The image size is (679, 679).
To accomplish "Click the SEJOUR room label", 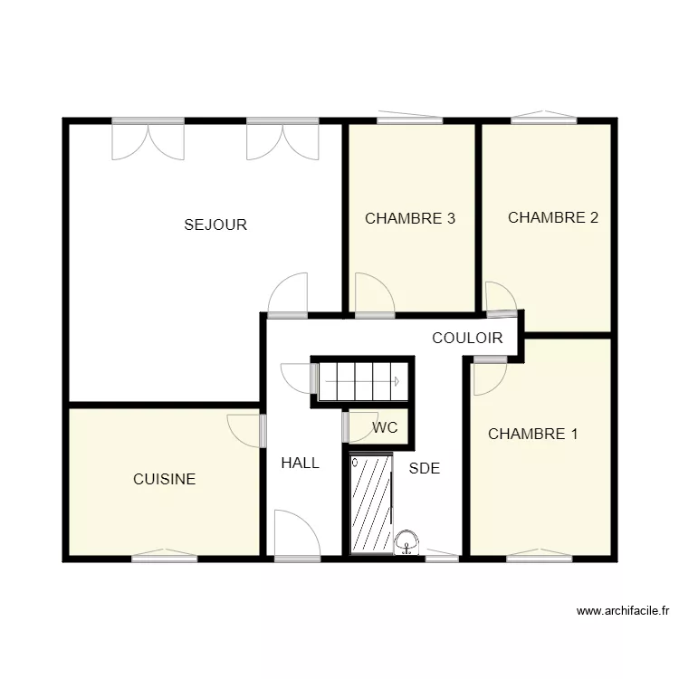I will pyautogui.click(x=215, y=225).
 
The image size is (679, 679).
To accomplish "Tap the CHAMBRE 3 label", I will pyautogui.click(x=409, y=218).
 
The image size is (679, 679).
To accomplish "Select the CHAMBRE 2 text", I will pyautogui.click(x=552, y=217).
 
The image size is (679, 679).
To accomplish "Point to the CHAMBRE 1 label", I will pyautogui.click(x=532, y=434).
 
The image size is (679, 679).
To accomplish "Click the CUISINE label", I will pyautogui.click(x=164, y=479).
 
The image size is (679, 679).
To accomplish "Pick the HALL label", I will pyautogui.click(x=300, y=463).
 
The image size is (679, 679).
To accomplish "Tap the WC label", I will pyautogui.click(x=385, y=428).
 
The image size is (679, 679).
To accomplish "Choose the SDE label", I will pyautogui.click(x=424, y=468).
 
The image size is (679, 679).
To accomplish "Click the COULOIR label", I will pyautogui.click(x=467, y=339).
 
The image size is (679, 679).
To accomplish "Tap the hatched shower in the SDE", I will pyautogui.click(x=371, y=503).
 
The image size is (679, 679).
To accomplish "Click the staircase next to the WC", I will pyautogui.click(x=359, y=381).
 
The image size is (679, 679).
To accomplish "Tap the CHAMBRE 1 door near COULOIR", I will pyautogui.click(x=490, y=376).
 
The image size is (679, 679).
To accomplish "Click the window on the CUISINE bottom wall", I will pyautogui.click(x=164, y=557).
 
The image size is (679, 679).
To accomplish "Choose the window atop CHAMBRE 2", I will pyautogui.click(x=543, y=118).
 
